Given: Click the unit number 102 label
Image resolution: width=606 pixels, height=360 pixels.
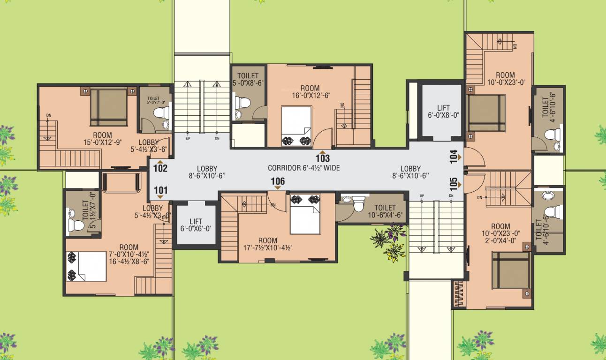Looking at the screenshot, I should [x=160, y=167].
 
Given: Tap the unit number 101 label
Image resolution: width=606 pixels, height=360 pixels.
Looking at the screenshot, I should [x=160, y=190].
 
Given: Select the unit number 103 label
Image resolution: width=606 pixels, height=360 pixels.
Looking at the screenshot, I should [x=323, y=158].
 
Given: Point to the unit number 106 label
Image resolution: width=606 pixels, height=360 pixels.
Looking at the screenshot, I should [x=278, y=181].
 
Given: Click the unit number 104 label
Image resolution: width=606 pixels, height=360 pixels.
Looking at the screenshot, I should [x=453, y=156].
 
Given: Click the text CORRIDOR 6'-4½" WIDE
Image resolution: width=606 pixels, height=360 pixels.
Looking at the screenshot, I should [x=303, y=168].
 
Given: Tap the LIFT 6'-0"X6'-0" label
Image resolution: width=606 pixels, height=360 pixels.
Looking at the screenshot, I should [x=196, y=225].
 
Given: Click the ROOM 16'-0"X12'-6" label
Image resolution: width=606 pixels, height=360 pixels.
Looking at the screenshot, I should [x=310, y=91].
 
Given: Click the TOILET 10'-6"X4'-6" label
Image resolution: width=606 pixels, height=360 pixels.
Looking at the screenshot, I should [x=385, y=211].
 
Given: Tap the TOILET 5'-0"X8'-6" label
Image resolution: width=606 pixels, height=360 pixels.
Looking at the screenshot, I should [x=248, y=79].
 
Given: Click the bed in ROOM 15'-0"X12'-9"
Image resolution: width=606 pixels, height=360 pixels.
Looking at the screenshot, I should [x=109, y=107].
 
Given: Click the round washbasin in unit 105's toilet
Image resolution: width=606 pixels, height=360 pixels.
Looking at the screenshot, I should [x=547, y=195].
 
